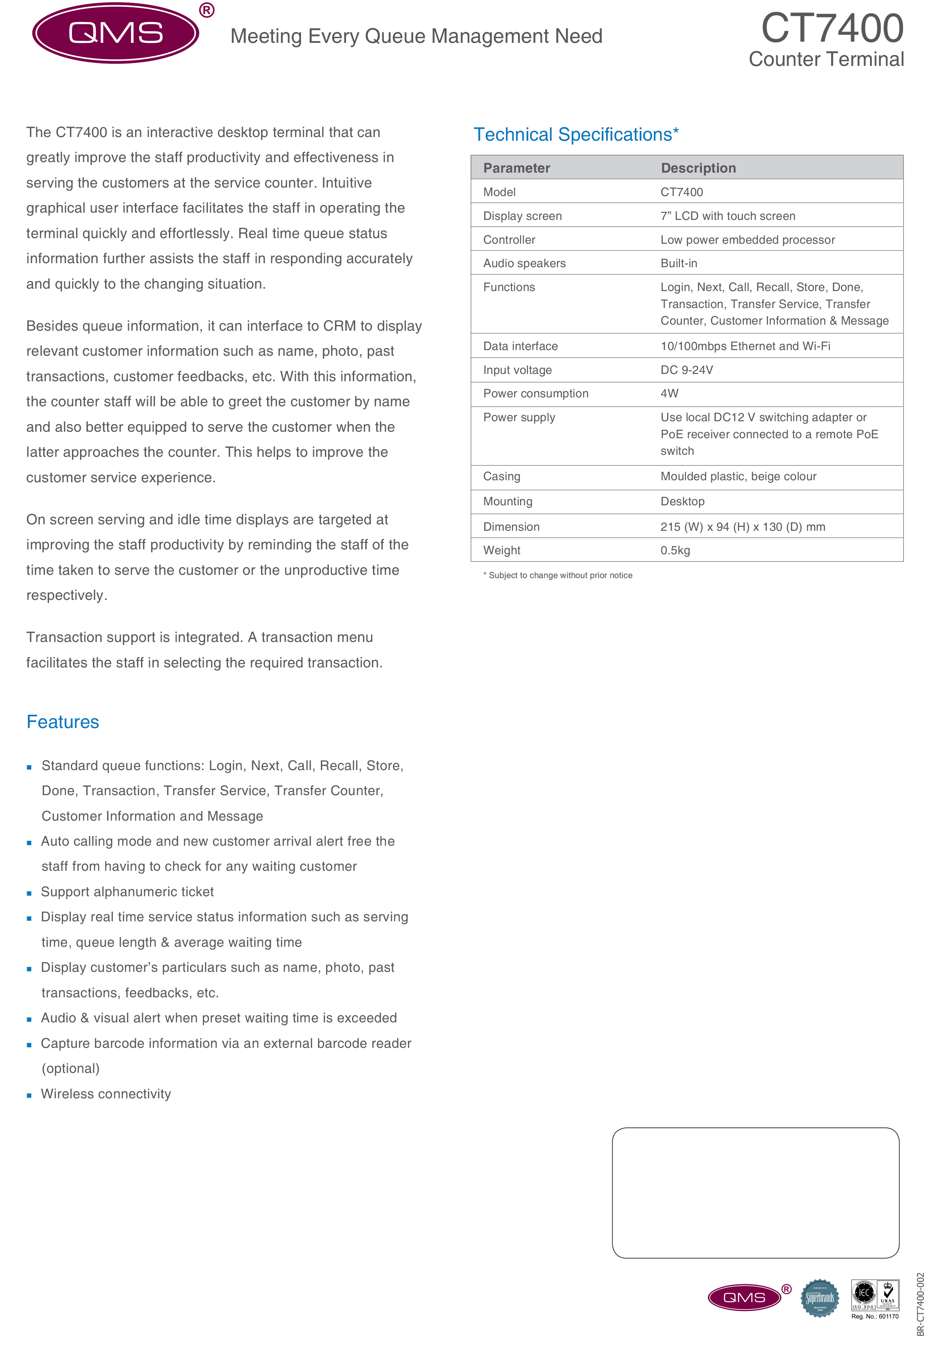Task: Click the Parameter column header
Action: [516, 168]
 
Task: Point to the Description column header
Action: [698, 168]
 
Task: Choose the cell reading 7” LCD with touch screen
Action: [727, 216]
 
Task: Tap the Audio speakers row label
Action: [524, 263]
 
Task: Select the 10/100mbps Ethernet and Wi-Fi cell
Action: [745, 346]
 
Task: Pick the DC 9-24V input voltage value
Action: [686, 370]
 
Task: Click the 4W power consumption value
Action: [669, 393]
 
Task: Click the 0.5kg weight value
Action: [675, 550]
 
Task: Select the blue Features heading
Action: [63, 722]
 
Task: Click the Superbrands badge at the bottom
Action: [820, 1298]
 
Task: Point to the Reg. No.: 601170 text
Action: [874, 1317]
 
